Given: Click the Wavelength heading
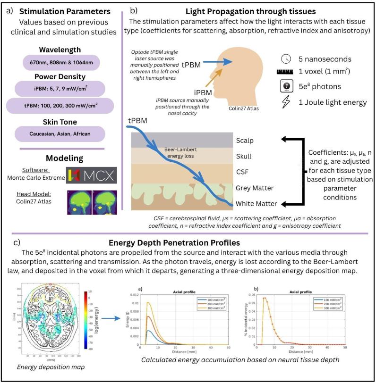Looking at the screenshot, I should (x=61, y=50).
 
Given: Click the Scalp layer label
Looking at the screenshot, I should (x=245, y=141).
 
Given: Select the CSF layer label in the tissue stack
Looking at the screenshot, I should (x=242, y=172).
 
